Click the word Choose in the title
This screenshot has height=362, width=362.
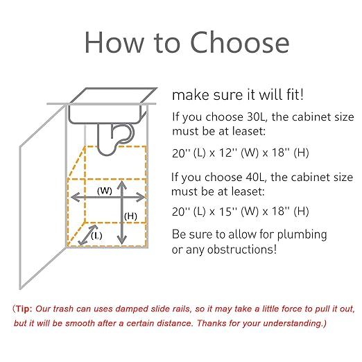coord(240,42)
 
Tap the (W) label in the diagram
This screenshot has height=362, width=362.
coord(105,191)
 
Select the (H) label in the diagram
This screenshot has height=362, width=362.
coord(130,216)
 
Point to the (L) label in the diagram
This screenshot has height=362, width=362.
coord(96,236)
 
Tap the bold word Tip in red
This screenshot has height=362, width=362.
coord(24,309)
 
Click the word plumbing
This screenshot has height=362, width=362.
coord(302,235)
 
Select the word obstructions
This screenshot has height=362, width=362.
coord(242,250)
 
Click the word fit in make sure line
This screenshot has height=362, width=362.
coord(295,95)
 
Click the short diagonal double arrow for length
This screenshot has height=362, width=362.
coord(87,235)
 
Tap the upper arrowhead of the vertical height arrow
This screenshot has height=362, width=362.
coord(122,185)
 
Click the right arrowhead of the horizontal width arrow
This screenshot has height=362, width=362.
coord(140,197)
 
